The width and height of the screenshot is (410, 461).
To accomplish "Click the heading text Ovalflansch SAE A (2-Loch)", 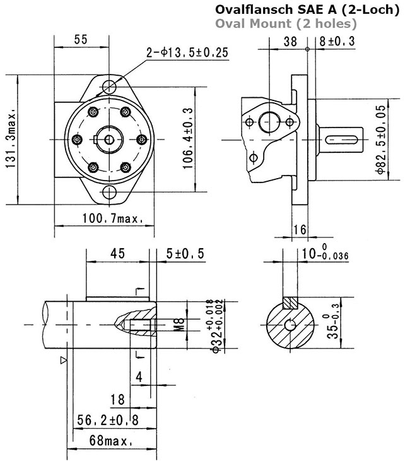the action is [x=307, y=9].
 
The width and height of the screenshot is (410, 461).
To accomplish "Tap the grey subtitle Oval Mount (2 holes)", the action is [x=286, y=23].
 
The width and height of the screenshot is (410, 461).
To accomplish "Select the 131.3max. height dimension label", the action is [x=11, y=140].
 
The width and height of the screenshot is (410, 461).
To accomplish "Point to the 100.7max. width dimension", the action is [x=112, y=219].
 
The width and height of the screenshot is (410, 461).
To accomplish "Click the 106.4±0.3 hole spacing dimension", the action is [x=188, y=138].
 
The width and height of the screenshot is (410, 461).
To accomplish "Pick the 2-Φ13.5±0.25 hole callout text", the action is [x=187, y=52].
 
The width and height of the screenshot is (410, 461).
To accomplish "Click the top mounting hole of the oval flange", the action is [x=109, y=87].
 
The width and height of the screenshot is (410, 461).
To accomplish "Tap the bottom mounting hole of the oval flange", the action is [x=109, y=192].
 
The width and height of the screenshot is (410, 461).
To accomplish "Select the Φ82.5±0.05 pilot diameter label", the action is [x=381, y=140].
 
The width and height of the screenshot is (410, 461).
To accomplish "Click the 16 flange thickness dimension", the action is [x=299, y=230].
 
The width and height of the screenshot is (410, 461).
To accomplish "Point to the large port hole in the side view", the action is [x=269, y=123].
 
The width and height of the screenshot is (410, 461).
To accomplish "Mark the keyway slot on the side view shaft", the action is [x=341, y=139].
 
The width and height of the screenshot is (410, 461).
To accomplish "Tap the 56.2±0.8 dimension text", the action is [x=107, y=420].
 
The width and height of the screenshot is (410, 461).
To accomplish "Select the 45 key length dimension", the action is [x=117, y=253].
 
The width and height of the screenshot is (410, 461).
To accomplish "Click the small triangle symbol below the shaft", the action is [x=64, y=360].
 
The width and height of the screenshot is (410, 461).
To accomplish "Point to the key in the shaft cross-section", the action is [x=290, y=302].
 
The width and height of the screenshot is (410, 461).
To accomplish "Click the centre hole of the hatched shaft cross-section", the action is [x=290, y=325].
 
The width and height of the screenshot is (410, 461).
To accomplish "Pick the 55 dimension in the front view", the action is [x=81, y=39].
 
